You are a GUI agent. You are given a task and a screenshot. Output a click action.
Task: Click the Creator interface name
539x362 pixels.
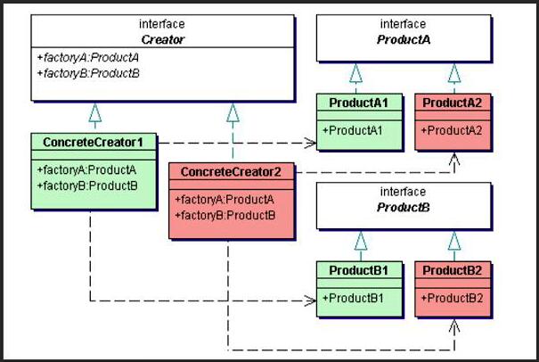pyautogui.click(x=163, y=39)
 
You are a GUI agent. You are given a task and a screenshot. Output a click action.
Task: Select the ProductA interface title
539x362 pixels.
pyautogui.click(x=404, y=39)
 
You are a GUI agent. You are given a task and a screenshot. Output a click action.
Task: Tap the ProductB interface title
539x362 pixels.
pyautogui.click(x=404, y=207)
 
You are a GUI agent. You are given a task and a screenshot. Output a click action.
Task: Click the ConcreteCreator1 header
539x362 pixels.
pyautogui.click(x=94, y=142)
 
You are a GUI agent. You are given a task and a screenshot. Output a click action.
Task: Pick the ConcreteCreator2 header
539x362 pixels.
pyautogui.click(x=231, y=172)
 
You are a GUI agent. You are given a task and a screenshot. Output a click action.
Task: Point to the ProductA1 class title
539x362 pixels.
pyautogui.click(x=358, y=103)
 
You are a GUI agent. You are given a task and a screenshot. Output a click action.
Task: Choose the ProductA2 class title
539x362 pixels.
pyautogui.click(x=453, y=103)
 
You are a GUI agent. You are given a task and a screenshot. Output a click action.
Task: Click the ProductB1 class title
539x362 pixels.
pyautogui.click(x=358, y=270)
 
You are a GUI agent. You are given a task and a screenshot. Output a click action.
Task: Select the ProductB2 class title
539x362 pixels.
pyautogui.click(x=453, y=270)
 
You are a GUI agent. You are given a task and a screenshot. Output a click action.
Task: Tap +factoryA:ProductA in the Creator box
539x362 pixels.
pyautogui.click(x=88, y=57)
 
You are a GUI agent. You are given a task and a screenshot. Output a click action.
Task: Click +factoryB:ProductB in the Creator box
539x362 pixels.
pyautogui.click(x=88, y=73)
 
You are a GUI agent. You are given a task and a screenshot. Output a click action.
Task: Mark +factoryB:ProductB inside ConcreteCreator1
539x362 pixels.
pyautogui.click(x=87, y=185)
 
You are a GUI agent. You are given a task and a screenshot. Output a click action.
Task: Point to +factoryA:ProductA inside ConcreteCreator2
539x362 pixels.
pyautogui.click(x=225, y=200)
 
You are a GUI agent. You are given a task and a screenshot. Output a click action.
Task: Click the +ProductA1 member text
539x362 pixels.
pyautogui.click(x=353, y=130)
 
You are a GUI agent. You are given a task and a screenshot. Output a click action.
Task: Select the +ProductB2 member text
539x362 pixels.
pyautogui.click(x=452, y=298)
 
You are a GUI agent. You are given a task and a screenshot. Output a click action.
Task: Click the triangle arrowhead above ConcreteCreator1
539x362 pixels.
pyautogui.click(x=94, y=112)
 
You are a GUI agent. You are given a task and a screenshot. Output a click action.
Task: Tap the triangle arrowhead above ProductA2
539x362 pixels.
pyautogui.click(x=454, y=73)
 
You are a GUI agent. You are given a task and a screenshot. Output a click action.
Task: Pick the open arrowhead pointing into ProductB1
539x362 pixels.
pyautogui.click(x=310, y=301)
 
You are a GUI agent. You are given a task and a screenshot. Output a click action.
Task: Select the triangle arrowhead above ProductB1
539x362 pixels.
pyautogui.click(x=361, y=241)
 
